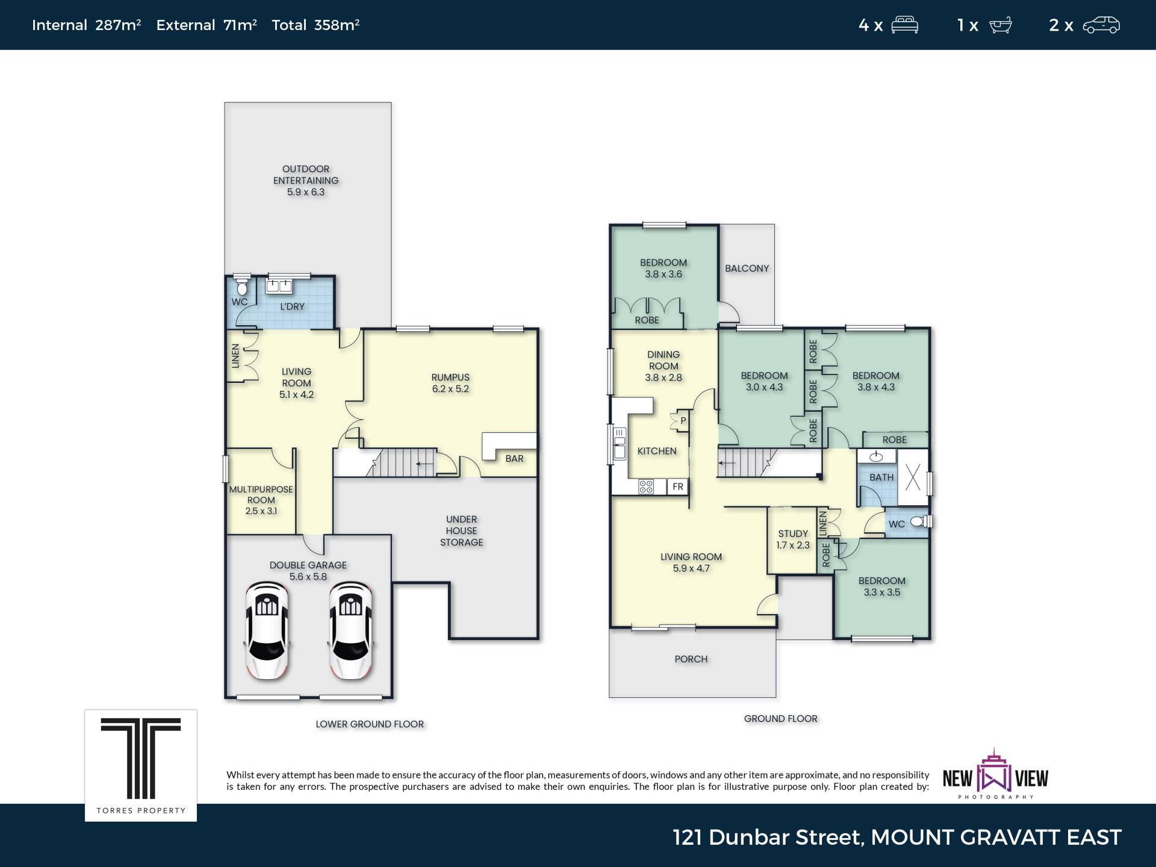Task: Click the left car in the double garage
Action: coord(267,630)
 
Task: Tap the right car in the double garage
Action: coord(350,630)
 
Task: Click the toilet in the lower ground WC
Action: coord(241,287)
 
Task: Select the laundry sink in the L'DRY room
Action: coord(279,286)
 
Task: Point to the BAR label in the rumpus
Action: coord(514,459)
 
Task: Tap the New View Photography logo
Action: coord(995,774)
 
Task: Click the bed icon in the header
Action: coord(904,25)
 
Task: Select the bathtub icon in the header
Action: coord(1000,25)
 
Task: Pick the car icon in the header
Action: coord(1101,25)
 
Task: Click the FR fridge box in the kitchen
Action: coord(678,486)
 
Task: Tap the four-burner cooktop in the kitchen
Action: coord(646,486)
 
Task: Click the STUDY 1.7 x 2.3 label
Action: coord(793,539)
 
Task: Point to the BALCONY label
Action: coord(747,269)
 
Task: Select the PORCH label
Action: coord(691,659)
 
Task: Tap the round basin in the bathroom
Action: coord(876,456)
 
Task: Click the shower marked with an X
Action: coord(913,477)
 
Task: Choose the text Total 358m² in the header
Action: coord(315,25)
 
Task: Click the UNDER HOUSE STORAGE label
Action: coord(461,531)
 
